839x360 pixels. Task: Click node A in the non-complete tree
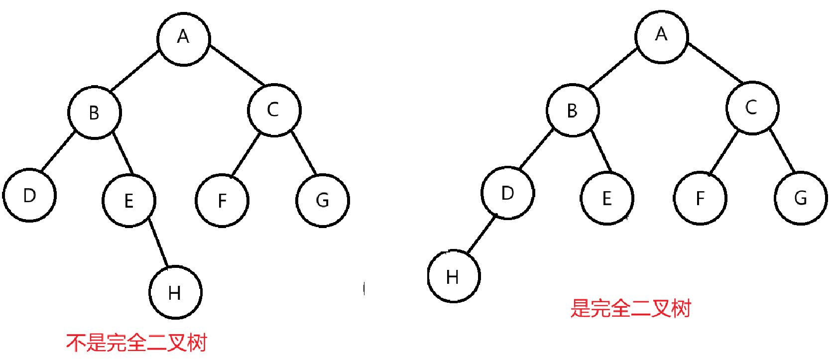pos(183,39)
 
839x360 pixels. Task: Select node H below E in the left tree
pos(175,292)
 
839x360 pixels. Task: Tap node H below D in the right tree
pos(454,276)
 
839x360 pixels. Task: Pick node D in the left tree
pos(29,195)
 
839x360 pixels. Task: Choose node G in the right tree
pos(801,198)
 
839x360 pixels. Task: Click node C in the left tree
pos(274,110)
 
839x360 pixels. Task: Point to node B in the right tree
pos(573,110)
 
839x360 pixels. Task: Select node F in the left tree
pos(222,200)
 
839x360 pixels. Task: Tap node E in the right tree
pos(607,198)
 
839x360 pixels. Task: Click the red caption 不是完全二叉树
pos(136,343)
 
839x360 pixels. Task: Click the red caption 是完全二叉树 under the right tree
pos(631,308)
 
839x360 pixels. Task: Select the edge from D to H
pos(481,234)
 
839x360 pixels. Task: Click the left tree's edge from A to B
pos(134,71)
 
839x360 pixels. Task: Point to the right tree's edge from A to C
pos(715,63)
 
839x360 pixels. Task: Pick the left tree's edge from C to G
pos(304,153)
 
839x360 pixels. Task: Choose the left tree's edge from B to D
pos(58,152)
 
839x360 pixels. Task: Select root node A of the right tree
pos(661,36)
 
